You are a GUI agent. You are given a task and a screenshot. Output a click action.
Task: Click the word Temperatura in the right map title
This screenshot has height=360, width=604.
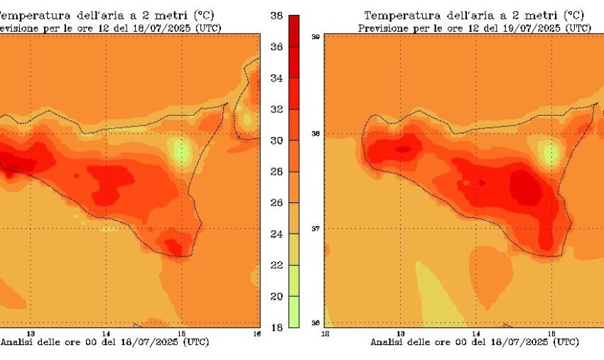point(396,15)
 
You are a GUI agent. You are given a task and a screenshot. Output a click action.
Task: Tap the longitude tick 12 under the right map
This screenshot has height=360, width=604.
point(325,333)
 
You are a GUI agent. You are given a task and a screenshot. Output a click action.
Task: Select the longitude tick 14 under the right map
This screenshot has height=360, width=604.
point(475,333)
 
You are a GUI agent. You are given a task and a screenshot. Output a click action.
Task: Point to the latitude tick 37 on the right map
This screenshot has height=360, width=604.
point(315,229)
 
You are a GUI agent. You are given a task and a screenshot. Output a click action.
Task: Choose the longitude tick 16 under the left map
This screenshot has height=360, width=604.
point(257,333)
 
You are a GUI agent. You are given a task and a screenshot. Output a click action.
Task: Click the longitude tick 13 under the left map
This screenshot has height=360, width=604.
point(31,333)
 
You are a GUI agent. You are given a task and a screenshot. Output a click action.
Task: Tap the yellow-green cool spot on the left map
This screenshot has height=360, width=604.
point(182,151)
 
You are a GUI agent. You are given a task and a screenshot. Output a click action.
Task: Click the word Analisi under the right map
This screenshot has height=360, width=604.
point(387,342)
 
